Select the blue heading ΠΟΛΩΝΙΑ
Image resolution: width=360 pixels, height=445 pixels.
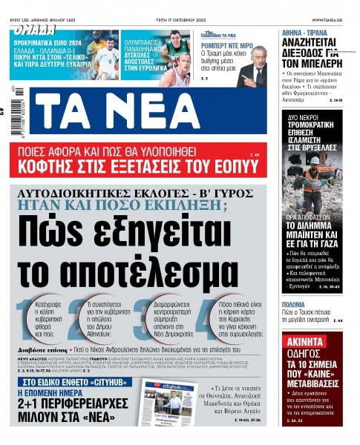point(295,304)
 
